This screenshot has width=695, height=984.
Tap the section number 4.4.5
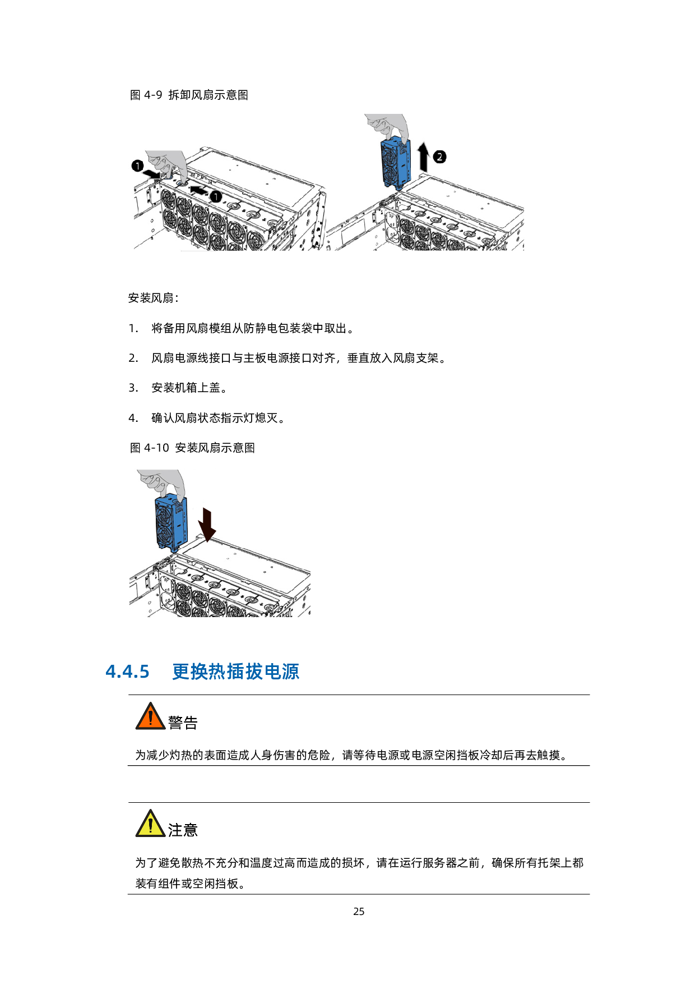[x=128, y=672]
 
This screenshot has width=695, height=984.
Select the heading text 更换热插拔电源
[x=235, y=672]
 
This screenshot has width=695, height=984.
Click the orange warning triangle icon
[x=150, y=716]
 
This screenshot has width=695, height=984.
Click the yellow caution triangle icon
[x=150, y=824]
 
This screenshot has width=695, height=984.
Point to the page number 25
[x=359, y=912]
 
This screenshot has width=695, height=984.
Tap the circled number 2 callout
[x=440, y=157]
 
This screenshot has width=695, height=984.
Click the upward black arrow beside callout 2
[x=424, y=157]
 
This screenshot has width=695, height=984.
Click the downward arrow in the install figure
[x=207, y=525]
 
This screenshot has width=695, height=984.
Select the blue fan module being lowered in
[x=171, y=523]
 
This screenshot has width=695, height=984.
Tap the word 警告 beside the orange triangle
[x=183, y=723]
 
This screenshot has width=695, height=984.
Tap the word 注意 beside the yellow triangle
[x=183, y=830]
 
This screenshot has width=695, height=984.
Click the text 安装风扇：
[x=154, y=298]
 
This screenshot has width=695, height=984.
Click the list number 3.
[x=133, y=388]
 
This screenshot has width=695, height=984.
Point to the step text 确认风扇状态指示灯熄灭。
[x=218, y=418]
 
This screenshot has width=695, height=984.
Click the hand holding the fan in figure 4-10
[x=162, y=484]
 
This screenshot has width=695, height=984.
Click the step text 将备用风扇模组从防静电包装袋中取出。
[x=253, y=328]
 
